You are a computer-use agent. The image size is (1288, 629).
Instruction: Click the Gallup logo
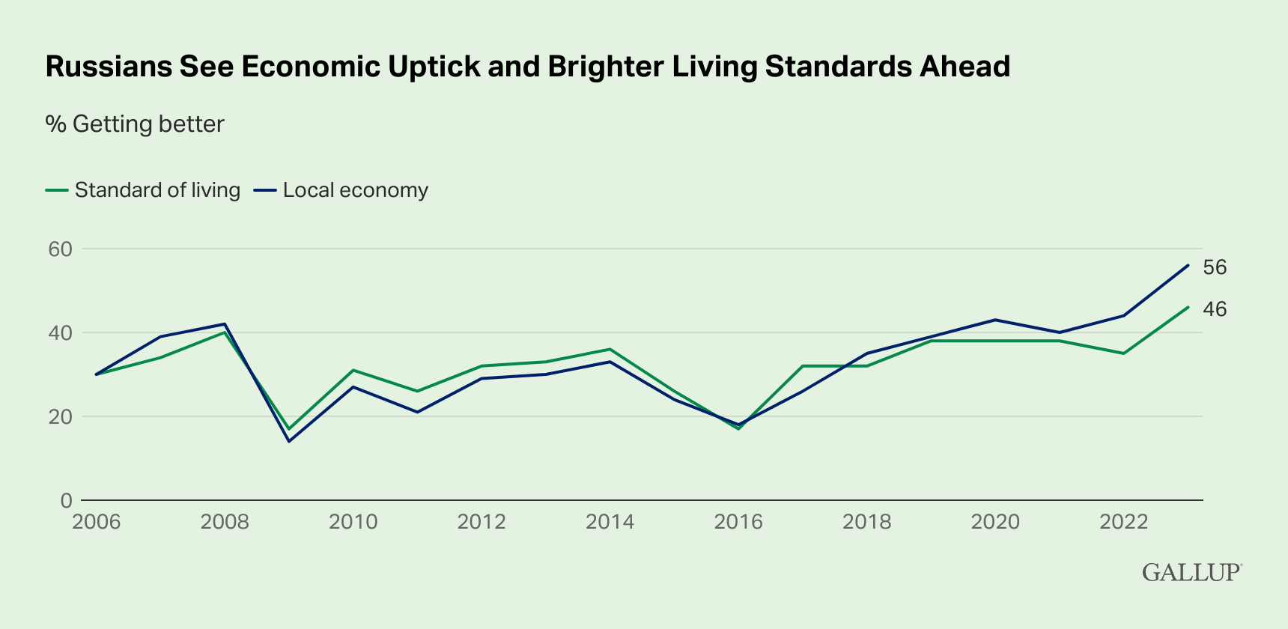(1191, 572)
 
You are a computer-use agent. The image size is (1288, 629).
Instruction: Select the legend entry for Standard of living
(143, 190)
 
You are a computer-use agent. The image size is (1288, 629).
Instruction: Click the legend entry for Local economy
(341, 190)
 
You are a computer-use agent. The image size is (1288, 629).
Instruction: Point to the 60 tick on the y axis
(60, 249)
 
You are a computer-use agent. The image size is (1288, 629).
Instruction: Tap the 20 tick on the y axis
(60, 416)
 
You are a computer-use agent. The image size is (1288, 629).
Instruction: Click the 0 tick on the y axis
(66, 500)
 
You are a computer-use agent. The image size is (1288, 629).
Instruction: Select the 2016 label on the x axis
(738, 522)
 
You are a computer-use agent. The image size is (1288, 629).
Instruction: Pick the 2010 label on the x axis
(353, 522)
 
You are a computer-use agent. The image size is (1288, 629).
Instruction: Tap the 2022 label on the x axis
(1123, 522)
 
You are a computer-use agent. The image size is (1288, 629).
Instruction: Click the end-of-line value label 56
(1215, 267)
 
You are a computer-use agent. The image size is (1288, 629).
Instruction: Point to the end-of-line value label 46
(1215, 309)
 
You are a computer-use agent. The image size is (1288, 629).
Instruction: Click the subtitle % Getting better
(135, 124)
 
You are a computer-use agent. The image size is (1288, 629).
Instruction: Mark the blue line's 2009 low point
(289, 441)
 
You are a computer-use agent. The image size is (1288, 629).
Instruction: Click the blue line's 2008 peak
(225, 324)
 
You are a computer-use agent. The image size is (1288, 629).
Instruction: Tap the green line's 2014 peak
(610, 349)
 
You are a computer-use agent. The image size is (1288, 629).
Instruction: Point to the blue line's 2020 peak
(995, 320)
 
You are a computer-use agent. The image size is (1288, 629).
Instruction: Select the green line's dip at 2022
(1123, 353)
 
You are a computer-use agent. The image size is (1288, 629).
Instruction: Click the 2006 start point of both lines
(97, 374)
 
